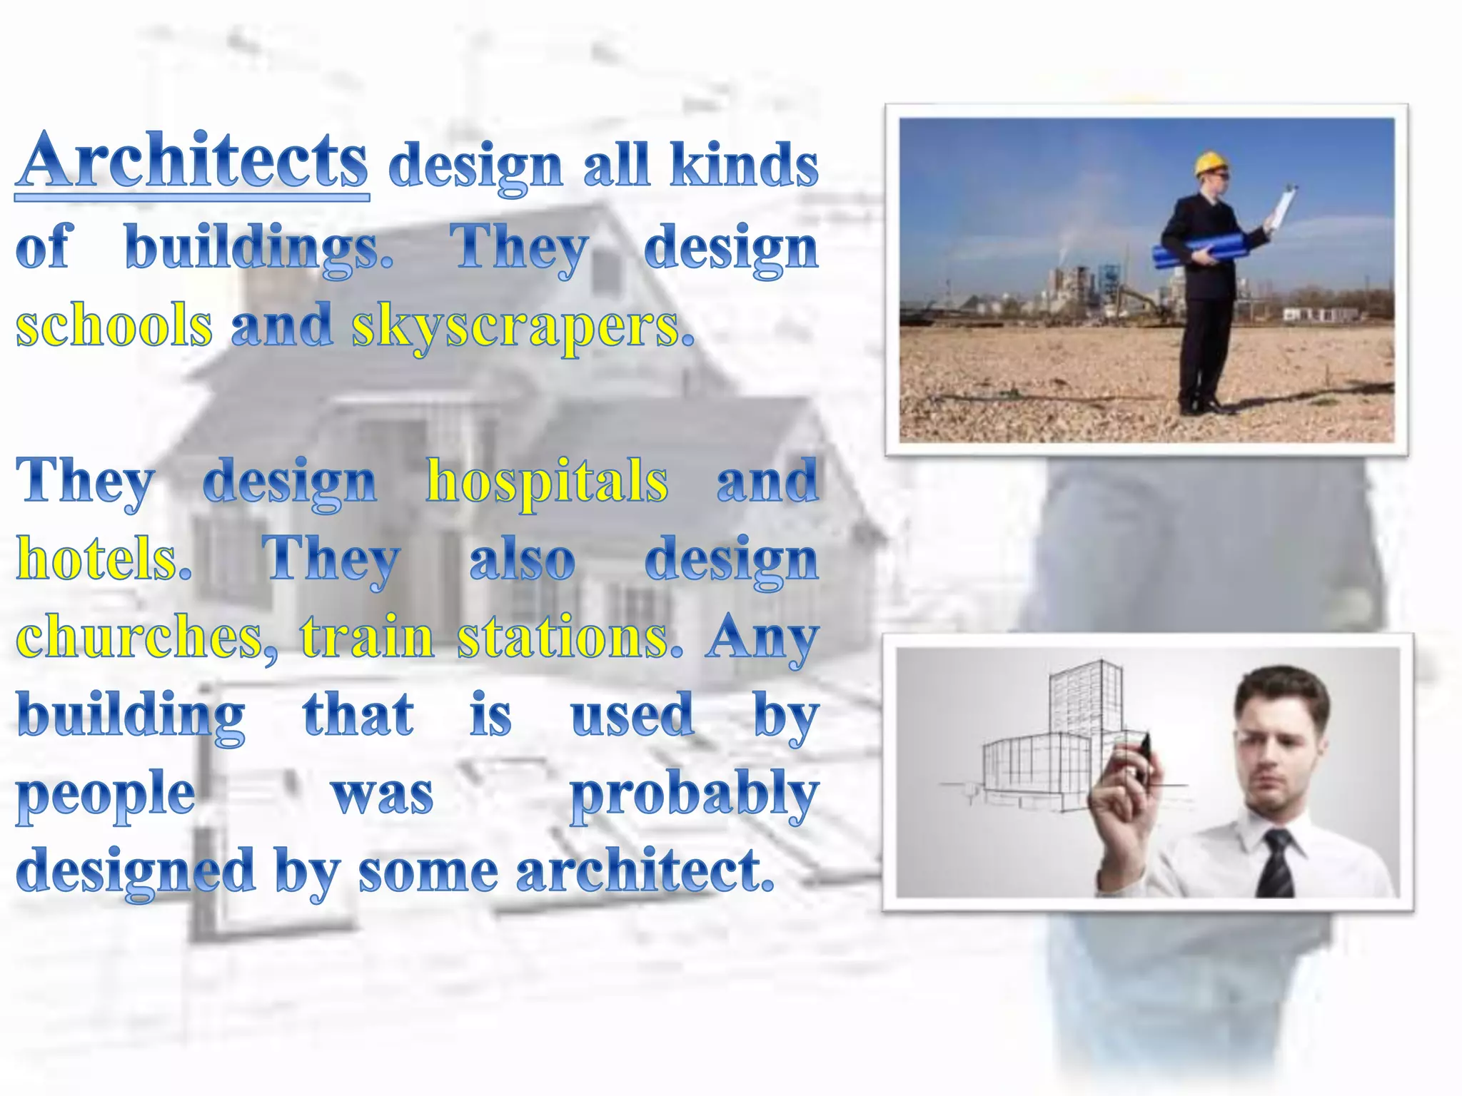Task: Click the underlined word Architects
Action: click(x=193, y=161)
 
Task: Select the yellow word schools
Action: click(x=114, y=325)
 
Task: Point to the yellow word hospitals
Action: click(x=547, y=482)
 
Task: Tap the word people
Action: click(x=106, y=795)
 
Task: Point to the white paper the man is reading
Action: click(x=1283, y=207)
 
